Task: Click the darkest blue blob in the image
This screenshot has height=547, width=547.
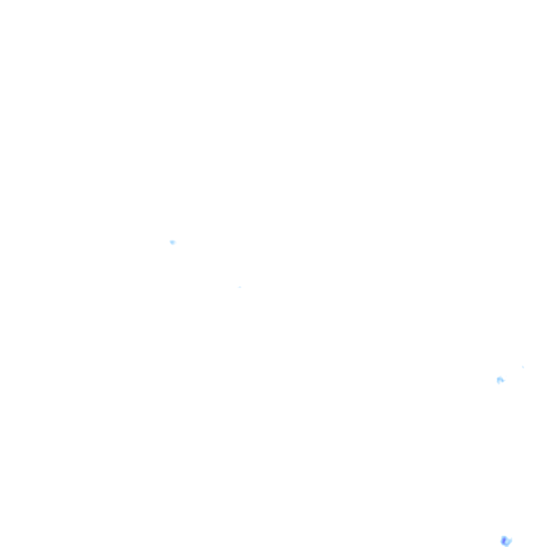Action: [506, 541]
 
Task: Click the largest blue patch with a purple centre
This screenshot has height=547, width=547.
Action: [506, 541]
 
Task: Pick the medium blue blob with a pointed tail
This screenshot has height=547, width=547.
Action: [500, 380]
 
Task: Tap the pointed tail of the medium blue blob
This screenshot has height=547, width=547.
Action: [504, 381]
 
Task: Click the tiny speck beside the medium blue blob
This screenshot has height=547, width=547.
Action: [523, 367]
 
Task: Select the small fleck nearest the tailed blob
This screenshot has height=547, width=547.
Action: [523, 367]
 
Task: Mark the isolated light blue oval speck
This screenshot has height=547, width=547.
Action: [173, 242]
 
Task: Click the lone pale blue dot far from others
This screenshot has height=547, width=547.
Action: [173, 242]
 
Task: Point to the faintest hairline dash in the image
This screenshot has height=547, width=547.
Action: [239, 287]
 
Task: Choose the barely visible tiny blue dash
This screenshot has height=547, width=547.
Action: [239, 287]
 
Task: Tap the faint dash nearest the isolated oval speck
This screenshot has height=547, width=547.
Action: [239, 287]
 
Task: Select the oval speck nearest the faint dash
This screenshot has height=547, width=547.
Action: [173, 242]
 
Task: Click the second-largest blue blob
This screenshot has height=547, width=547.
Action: [500, 380]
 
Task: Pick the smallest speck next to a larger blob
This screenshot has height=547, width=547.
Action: [523, 367]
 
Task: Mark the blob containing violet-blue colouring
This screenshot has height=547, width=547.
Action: [506, 541]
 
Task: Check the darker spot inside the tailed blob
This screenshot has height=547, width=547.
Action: [499, 379]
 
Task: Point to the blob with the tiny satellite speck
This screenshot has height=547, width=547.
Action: [500, 380]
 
